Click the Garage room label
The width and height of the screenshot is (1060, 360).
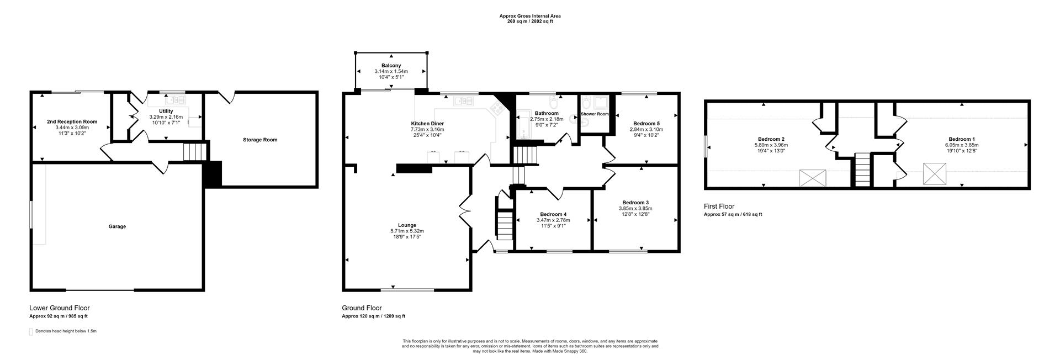pos(117,226)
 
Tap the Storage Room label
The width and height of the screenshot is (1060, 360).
pos(260,140)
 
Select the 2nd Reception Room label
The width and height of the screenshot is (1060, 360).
pos(72,121)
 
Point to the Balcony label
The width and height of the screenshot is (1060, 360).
pos(391,66)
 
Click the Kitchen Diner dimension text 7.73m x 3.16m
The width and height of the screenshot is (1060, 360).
pos(427,129)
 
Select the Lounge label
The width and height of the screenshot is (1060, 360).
pos(407,225)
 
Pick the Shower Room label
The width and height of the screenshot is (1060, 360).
pos(595,114)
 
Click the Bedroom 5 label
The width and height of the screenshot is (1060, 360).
pos(646,123)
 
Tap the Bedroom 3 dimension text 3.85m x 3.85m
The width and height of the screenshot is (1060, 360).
pos(635,208)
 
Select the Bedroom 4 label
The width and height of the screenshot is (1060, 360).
pos(553,214)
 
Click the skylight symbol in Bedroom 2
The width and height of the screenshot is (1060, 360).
pos(813,178)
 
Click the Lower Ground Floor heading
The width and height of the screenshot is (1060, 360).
pos(59,308)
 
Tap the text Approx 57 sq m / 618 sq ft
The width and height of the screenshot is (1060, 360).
pos(733,214)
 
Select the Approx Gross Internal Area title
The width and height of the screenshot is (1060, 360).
pos(529,16)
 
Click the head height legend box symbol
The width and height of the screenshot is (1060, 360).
pos(31,331)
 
